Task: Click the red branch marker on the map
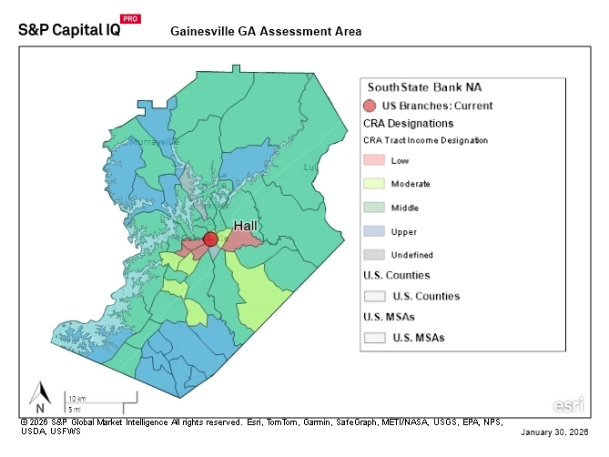(210, 239)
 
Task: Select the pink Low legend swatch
(374, 160)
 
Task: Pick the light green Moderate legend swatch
(374, 184)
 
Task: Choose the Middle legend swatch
(374, 208)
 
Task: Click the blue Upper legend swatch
(374, 231)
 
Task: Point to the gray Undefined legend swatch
(374, 255)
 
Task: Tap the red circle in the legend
(370, 106)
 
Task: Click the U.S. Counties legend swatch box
(374, 296)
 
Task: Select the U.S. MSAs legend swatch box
(374, 338)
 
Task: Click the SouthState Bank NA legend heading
(423, 87)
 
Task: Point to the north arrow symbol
(40, 395)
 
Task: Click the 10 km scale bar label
(76, 399)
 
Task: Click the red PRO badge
(130, 18)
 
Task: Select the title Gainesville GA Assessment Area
(266, 31)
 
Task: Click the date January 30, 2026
(555, 431)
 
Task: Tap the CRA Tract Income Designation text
(425, 140)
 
